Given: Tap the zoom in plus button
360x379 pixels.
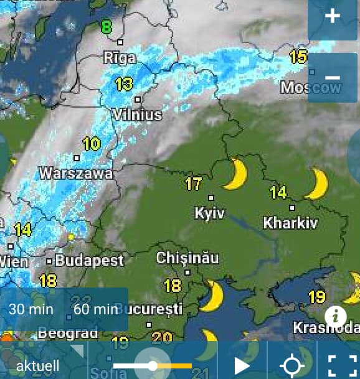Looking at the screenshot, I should (333, 16).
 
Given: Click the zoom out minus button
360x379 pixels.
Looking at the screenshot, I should (333, 78).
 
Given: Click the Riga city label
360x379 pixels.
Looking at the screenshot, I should (120, 58).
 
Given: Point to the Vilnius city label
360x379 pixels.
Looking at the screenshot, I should (138, 115).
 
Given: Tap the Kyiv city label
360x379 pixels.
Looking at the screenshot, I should (209, 213).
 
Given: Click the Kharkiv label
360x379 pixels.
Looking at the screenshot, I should (290, 222).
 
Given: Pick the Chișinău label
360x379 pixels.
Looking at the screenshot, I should (186, 257).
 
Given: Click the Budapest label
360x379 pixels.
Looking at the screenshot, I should (89, 260).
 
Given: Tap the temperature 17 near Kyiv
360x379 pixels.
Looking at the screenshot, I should (194, 184).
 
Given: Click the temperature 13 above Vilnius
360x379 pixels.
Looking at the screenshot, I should (124, 83).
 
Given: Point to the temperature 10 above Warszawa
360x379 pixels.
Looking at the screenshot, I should (91, 144).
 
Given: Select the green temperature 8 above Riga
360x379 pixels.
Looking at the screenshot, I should (107, 27).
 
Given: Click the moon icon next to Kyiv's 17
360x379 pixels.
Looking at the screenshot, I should (236, 174).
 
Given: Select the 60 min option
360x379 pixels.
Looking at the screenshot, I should (95, 309).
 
